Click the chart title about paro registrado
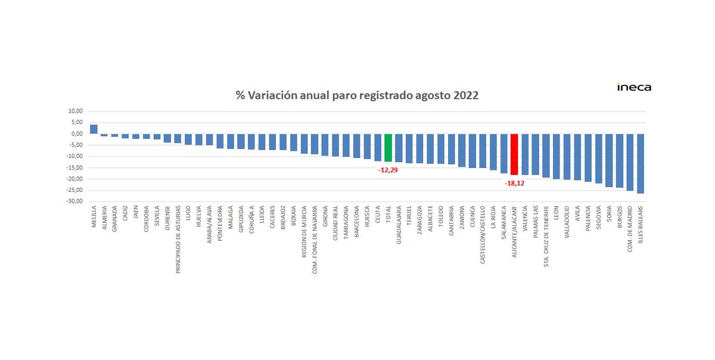coord(356,95)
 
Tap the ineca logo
coord(634,88)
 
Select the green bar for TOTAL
coord(388,148)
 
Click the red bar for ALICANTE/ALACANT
coord(514,154)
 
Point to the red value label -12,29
coord(388,170)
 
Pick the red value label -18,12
coord(514,184)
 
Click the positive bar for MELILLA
coord(94,129)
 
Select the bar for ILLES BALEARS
coord(641,163)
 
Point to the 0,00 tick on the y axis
coord(76,134)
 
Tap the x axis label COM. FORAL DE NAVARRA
coord(315,238)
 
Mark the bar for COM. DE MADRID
coord(630,162)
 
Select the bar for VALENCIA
coord(525,154)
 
